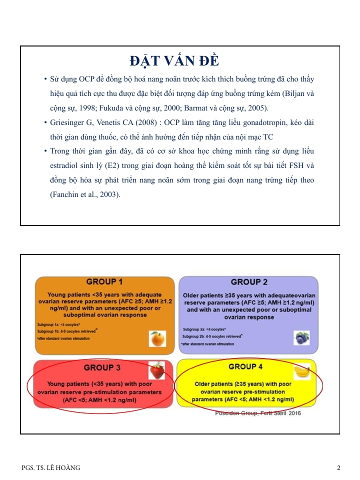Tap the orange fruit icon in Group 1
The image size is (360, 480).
point(157,339)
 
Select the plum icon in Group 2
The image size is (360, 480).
point(301,338)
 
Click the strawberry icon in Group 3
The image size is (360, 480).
point(157,371)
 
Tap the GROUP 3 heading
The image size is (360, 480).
point(102,367)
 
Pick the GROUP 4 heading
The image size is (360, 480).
point(245,366)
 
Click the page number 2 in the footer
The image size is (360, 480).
point(338,468)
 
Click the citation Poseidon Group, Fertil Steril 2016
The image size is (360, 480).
point(257,413)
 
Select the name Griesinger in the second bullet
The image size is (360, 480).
point(67,122)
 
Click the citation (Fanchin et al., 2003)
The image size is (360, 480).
point(85,194)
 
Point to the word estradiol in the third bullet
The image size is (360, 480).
point(64,165)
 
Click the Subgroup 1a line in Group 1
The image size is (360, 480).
point(57,324)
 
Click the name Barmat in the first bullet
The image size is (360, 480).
point(199,108)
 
